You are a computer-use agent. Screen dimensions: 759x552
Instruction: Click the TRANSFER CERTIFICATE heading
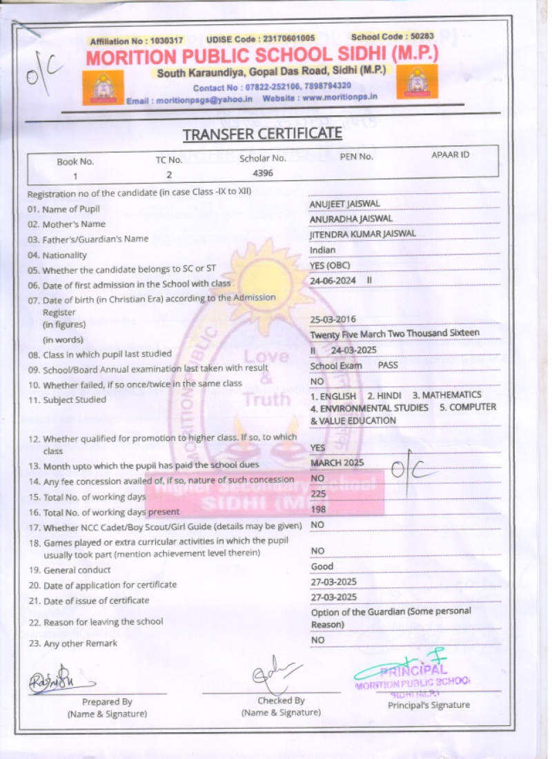262,133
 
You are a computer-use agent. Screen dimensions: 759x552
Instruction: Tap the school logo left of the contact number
103,88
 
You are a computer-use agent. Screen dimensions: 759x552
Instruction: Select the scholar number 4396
263,172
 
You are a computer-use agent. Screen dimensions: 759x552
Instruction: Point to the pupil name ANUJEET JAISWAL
345,204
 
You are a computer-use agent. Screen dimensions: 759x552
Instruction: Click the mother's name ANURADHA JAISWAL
351,219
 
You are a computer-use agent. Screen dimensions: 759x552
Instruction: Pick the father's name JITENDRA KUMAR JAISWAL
363,234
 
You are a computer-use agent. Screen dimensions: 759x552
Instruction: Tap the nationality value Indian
323,250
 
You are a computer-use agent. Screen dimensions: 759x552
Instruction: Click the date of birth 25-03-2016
334,319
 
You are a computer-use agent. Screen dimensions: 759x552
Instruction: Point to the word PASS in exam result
388,365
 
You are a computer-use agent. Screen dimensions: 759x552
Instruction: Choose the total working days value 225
318,493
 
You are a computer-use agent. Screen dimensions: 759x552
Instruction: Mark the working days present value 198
318,509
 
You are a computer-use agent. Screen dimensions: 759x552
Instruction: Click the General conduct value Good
322,566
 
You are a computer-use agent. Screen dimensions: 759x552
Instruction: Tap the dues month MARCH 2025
337,462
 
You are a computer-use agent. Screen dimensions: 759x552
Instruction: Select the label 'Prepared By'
107,702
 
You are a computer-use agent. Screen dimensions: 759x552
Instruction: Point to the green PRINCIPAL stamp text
413,670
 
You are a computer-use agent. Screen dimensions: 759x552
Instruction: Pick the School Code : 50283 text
393,37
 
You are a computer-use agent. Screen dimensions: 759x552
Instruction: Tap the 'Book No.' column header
75,161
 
